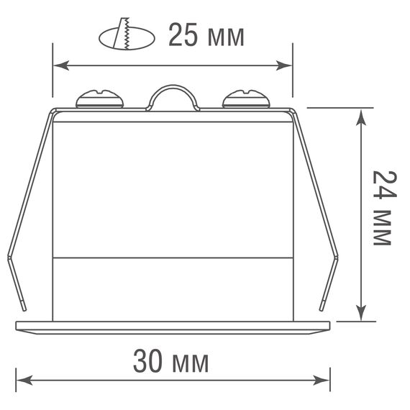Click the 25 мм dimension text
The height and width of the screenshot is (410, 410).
coord(206,34)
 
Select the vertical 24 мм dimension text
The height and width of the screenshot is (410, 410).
coord(381,209)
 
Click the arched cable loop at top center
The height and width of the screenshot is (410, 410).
coord(173,96)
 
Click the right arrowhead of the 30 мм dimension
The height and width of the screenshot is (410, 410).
coord(324,378)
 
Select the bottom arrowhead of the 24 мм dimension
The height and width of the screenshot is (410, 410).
coord(362,314)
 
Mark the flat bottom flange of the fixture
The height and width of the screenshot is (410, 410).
coord(173,324)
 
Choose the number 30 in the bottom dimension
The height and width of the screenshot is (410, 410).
coord(147,362)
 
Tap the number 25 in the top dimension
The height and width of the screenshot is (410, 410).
coord(182,34)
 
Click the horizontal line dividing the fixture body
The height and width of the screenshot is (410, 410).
coord(173,258)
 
